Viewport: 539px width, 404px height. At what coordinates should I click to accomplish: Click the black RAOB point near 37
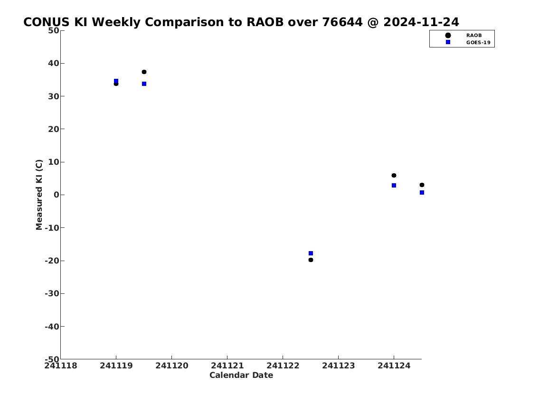click(x=144, y=72)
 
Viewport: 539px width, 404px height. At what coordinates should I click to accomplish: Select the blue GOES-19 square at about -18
click(x=311, y=253)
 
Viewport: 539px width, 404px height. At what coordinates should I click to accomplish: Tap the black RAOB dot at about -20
click(x=311, y=260)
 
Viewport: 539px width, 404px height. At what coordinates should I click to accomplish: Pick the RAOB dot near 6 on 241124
click(x=394, y=175)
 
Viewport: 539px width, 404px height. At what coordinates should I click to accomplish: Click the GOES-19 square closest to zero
click(x=422, y=192)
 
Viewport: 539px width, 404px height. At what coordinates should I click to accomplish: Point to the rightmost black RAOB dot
click(x=422, y=185)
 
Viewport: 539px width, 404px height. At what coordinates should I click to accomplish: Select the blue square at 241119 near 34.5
click(x=116, y=81)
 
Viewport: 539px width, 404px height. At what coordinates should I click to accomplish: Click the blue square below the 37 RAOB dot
click(x=144, y=84)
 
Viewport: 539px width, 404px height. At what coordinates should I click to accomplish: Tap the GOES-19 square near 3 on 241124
click(x=394, y=185)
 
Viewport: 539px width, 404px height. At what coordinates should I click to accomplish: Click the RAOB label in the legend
click(x=473, y=36)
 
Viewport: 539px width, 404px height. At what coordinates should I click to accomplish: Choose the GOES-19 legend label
click(x=478, y=43)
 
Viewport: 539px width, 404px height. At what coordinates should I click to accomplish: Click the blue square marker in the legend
click(x=448, y=42)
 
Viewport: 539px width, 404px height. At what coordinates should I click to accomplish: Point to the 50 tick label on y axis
click(x=53, y=30)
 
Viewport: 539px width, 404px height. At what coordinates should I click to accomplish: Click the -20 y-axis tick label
click(x=52, y=261)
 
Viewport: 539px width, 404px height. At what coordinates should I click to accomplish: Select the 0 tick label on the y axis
click(x=57, y=195)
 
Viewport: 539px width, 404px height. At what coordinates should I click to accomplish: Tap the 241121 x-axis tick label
click(x=227, y=366)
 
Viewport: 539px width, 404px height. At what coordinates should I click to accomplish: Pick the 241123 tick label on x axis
click(x=338, y=366)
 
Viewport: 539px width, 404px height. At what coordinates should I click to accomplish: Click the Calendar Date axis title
click(x=241, y=375)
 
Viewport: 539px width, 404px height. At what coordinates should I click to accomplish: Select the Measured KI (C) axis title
click(x=39, y=195)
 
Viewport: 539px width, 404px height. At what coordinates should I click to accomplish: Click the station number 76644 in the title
click(x=342, y=22)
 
